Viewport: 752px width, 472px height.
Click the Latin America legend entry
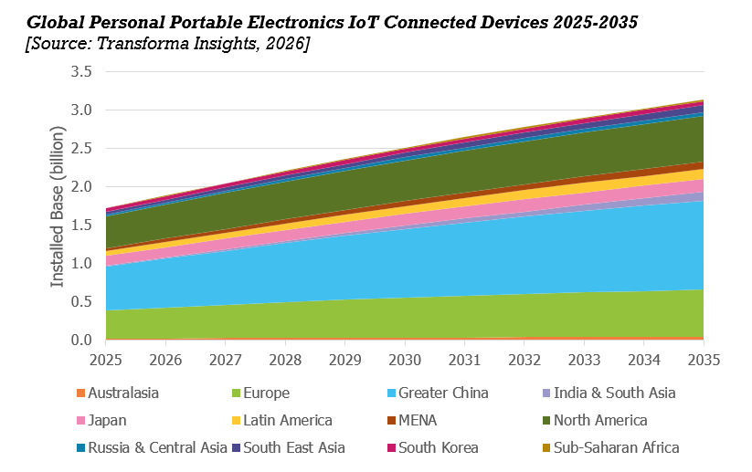click(x=281, y=421)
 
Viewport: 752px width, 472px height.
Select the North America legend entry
click(x=599, y=421)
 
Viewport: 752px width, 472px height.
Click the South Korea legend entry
click(x=438, y=448)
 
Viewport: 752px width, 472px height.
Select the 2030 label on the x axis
click(x=405, y=358)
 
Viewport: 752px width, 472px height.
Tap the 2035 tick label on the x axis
click(x=703, y=358)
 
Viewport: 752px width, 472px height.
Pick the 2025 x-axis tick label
click(x=107, y=358)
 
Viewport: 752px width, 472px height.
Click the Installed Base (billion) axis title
click(x=58, y=208)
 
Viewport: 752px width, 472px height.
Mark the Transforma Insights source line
click(x=167, y=44)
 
